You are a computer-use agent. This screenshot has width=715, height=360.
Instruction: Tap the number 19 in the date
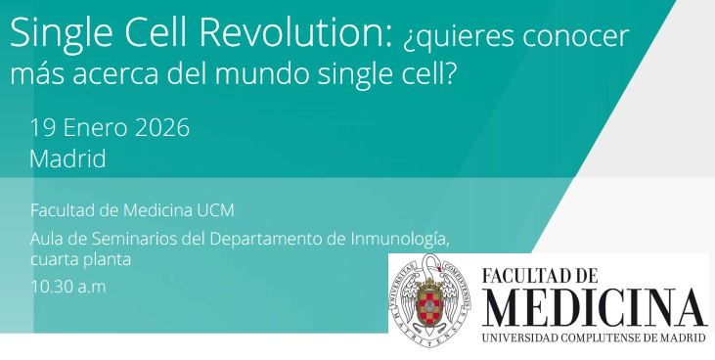pyautogui.click(x=44, y=127)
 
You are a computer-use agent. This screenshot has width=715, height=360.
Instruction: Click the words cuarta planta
pyautogui.click(x=81, y=260)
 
